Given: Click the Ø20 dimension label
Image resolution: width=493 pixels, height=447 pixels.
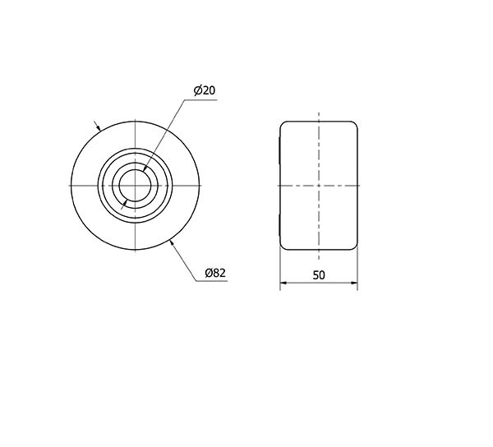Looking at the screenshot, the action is [x=205, y=90].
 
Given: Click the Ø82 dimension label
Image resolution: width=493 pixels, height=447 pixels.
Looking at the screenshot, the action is [x=215, y=273].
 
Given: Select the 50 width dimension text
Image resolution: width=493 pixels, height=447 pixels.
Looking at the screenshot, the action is [x=319, y=275].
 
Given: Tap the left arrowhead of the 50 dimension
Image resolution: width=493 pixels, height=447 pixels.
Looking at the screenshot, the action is [x=283, y=283].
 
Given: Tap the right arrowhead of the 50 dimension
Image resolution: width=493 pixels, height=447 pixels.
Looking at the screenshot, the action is [x=354, y=283].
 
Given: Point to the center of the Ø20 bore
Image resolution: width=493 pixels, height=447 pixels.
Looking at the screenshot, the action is [x=136, y=186].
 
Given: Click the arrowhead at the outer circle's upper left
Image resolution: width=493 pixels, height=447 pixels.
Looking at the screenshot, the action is [x=99, y=127].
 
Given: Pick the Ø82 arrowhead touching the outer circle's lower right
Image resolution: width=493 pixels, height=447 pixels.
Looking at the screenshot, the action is [x=172, y=242].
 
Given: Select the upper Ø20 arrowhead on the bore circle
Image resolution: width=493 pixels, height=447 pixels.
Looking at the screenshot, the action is [x=145, y=169].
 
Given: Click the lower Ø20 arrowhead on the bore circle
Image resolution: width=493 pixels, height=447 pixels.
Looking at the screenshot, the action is [x=126, y=203].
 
